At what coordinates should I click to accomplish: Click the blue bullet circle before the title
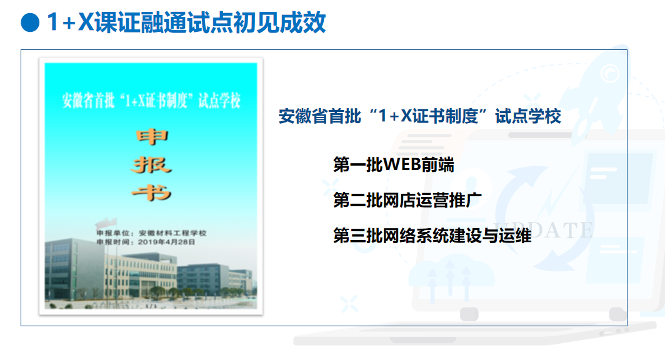click(x=30, y=22)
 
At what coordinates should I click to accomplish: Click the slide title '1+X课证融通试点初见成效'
click(x=186, y=22)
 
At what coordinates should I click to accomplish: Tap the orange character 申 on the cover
click(x=152, y=137)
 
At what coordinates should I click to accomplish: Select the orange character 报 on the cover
click(x=151, y=165)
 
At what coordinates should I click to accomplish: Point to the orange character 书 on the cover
click(x=151, y=193)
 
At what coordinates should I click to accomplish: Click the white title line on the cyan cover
click(x=151, y=101)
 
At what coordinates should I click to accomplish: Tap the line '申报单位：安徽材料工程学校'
click(x=151, y=232)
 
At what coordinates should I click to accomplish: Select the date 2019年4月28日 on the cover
click(x=166, y=242)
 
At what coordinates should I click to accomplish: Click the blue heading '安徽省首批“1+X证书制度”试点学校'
click(x=419, y=116)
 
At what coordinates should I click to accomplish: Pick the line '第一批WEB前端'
click(x=393, y=164)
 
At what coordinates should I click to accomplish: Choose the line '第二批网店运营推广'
click(x=407, y=200)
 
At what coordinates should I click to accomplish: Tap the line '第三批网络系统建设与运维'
click(x=432, y=236)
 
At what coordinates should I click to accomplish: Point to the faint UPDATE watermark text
click(x=543, y=230)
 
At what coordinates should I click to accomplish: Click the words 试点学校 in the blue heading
click(x=528, y=116)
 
